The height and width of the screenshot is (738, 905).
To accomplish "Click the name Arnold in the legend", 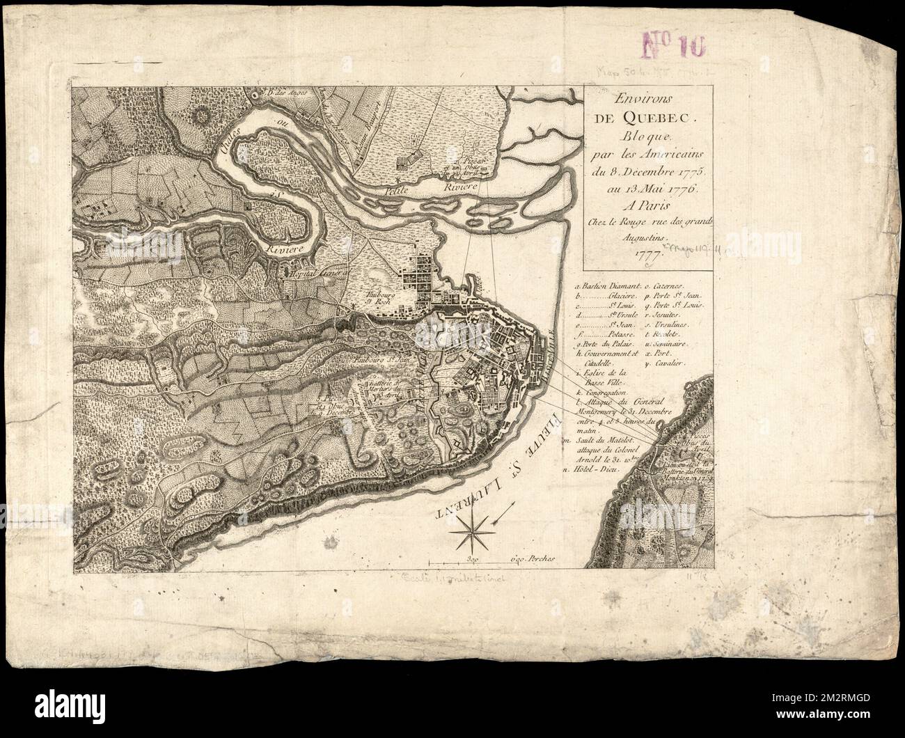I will point(590,469).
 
